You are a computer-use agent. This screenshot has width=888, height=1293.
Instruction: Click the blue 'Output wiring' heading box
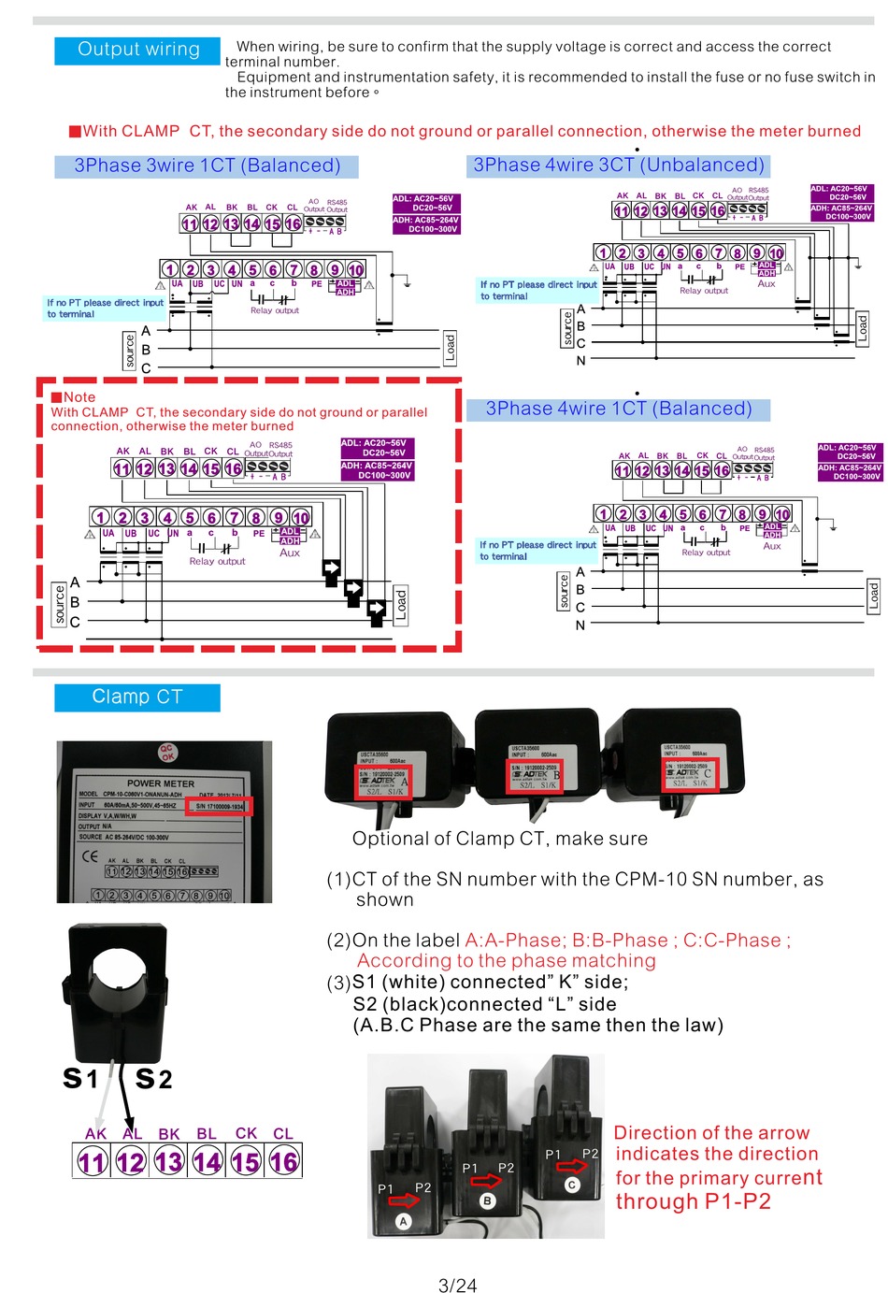click(137, 50)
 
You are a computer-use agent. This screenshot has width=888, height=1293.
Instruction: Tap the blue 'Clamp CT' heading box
click(136, 697)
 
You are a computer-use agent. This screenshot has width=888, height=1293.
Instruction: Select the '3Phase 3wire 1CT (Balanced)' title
click(208, 165)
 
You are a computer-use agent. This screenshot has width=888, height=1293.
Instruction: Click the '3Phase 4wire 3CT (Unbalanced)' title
click(619, 165)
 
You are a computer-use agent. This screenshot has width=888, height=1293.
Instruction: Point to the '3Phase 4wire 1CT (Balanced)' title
click(619, 409)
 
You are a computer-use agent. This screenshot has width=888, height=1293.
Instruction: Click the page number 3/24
click(457, 1285)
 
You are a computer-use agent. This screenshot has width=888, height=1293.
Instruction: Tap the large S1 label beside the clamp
click(80, 1078)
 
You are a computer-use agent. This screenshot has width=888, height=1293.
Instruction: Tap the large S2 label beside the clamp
click(153, 1079)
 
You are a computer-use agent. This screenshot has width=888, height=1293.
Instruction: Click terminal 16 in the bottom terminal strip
click(283, 1162)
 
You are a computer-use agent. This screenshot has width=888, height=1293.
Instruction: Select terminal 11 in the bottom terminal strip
click(92, 1162)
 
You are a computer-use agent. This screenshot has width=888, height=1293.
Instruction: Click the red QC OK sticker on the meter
click(167, 753)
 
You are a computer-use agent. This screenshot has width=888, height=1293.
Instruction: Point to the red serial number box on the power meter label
click(219, 806)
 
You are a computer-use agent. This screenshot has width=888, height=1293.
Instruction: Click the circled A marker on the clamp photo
click(404, 1221)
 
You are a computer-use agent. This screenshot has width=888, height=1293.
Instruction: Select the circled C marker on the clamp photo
click(572, 1185)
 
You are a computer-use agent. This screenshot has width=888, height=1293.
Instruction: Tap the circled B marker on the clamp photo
click(487, 1201)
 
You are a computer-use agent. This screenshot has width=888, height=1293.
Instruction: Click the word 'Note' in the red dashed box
click(79, 397)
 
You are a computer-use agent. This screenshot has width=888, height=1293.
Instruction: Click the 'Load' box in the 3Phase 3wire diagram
click(450, 348)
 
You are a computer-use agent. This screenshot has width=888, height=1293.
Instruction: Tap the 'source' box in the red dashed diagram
click(60, 603)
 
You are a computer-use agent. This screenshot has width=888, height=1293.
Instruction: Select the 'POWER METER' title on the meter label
click(161, 783)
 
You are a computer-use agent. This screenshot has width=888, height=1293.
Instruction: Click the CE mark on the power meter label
click(90, 855)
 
